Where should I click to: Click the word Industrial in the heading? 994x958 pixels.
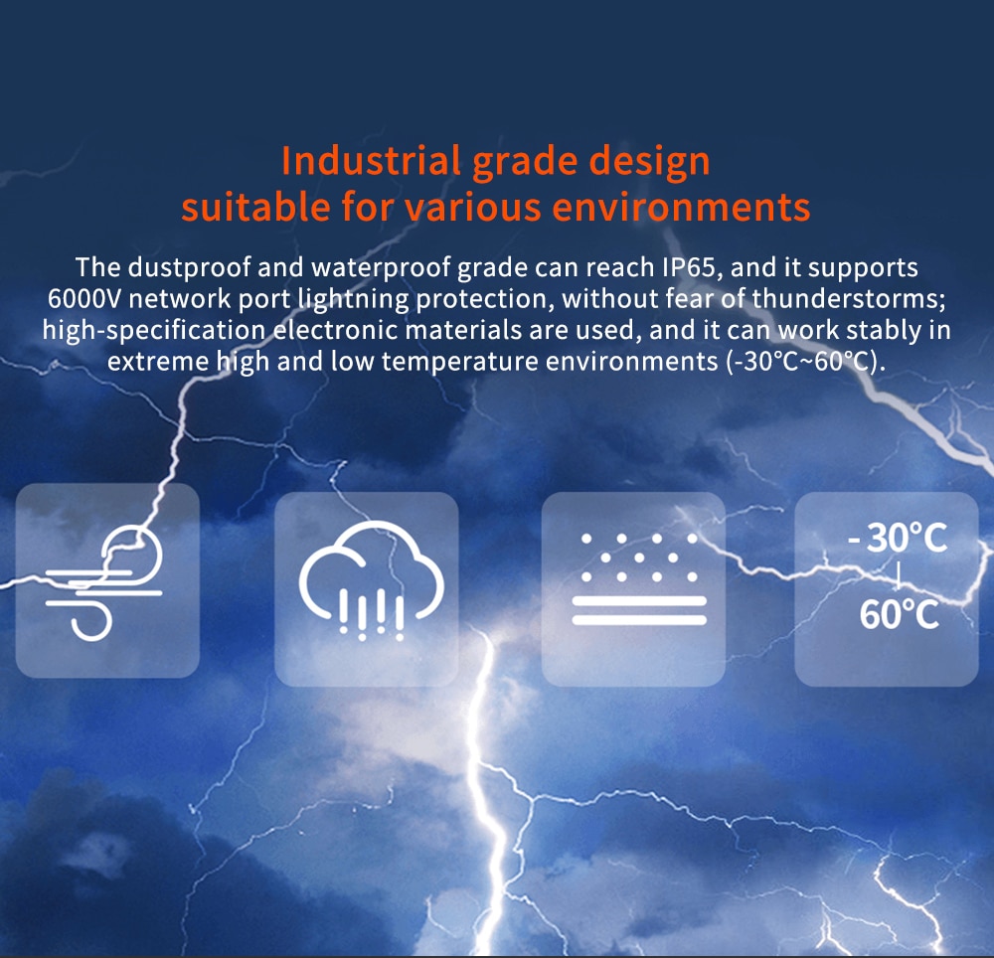(371, 161)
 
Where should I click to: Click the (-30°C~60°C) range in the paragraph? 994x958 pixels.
(805, 362)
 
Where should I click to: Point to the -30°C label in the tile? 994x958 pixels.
(897, 538)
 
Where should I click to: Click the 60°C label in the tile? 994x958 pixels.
(899, 614)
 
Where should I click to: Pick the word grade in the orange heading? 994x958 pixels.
(525, 163)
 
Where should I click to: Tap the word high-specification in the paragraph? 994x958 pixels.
(154, 331)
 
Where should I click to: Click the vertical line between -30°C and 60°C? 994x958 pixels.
(898, 576)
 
